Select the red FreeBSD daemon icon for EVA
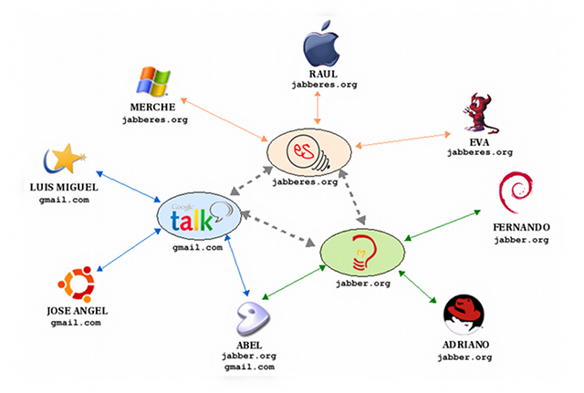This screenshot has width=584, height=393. pos(475,113)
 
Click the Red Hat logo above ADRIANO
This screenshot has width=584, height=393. pos(463,313)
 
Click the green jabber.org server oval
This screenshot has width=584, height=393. pos(360,251)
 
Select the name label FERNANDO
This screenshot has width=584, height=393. pos(520,226)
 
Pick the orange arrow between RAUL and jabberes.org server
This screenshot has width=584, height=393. pos(318,108)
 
